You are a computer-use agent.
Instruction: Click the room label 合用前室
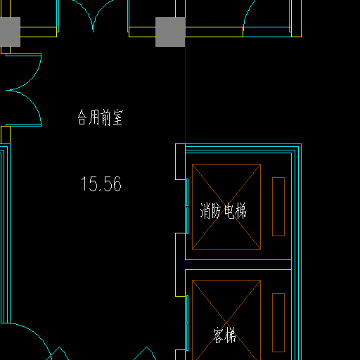(101, 117)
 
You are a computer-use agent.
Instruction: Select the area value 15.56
(101, 184)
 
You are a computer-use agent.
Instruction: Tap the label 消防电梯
(223, 211)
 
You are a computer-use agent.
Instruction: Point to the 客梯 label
(225, 335)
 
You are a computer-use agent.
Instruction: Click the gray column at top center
(170, 32)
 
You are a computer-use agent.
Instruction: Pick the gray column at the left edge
(10, 32)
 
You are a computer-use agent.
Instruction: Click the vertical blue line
(185, 90)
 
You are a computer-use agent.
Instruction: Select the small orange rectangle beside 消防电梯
(278, 207)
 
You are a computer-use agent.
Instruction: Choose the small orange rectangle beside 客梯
(278, 323)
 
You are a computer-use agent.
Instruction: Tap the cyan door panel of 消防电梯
(187, 206)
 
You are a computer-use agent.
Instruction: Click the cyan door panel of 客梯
(187, 323)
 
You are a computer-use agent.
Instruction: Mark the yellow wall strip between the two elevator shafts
(238, 265)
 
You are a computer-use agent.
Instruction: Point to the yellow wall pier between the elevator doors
(180, 265)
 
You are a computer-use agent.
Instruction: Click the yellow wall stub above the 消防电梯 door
(180, 162)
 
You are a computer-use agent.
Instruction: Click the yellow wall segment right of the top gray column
(214, 32)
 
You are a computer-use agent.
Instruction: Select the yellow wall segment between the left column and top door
(39, 32)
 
